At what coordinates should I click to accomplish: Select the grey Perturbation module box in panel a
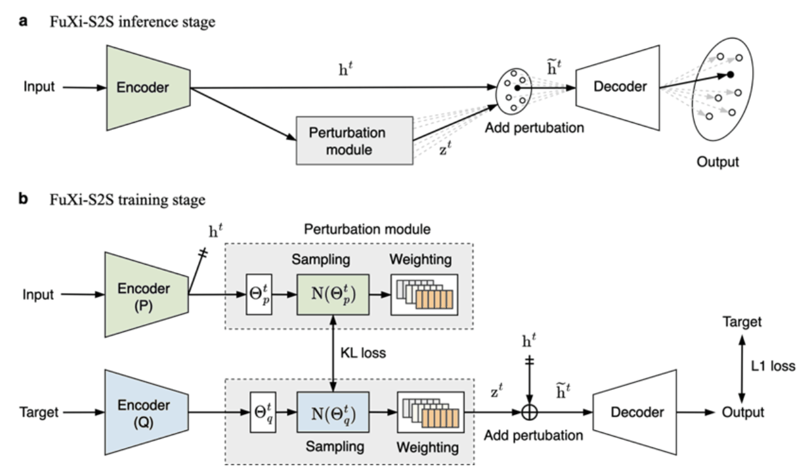(x=354, y=141)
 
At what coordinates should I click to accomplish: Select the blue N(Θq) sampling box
(x=332, y=412)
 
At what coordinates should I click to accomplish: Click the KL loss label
(x=363, y=353)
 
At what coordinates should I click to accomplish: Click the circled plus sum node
(x=529, y=413)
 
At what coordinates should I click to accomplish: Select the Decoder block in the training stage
(x=636, y=412)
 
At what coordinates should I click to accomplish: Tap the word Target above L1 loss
(x=742, y=322)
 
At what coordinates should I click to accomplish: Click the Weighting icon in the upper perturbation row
(x=425, y=295)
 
